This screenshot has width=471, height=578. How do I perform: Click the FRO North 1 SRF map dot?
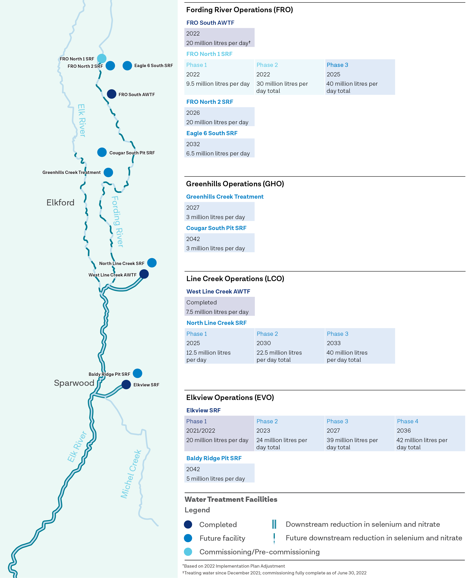tap(102, 58)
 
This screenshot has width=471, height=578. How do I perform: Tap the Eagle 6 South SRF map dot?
tap(127, 66)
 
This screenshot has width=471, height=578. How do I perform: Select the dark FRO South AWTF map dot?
tap(111, 94)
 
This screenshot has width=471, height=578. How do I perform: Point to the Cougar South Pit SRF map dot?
tap(102, 152)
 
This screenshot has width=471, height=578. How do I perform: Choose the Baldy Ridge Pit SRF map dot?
tap(138, 373)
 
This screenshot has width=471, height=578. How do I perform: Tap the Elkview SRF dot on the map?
tap(126, 384)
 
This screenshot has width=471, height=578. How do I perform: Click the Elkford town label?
tap(60, 203)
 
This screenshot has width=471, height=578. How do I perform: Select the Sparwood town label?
tap(74, 383)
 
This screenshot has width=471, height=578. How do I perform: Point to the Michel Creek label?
tap(131, 474)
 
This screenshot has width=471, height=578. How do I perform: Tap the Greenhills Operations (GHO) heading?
tap(235, 184)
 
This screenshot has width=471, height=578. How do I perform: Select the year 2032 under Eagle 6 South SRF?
tap(193, 144)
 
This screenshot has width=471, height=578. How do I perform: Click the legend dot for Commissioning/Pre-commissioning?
tap(188, 552)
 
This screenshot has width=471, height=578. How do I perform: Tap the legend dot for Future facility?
tap(188, 538)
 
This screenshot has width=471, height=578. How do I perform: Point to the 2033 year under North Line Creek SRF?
tap(334, 343)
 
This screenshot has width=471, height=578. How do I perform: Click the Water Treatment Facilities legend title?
tap(231, 499)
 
